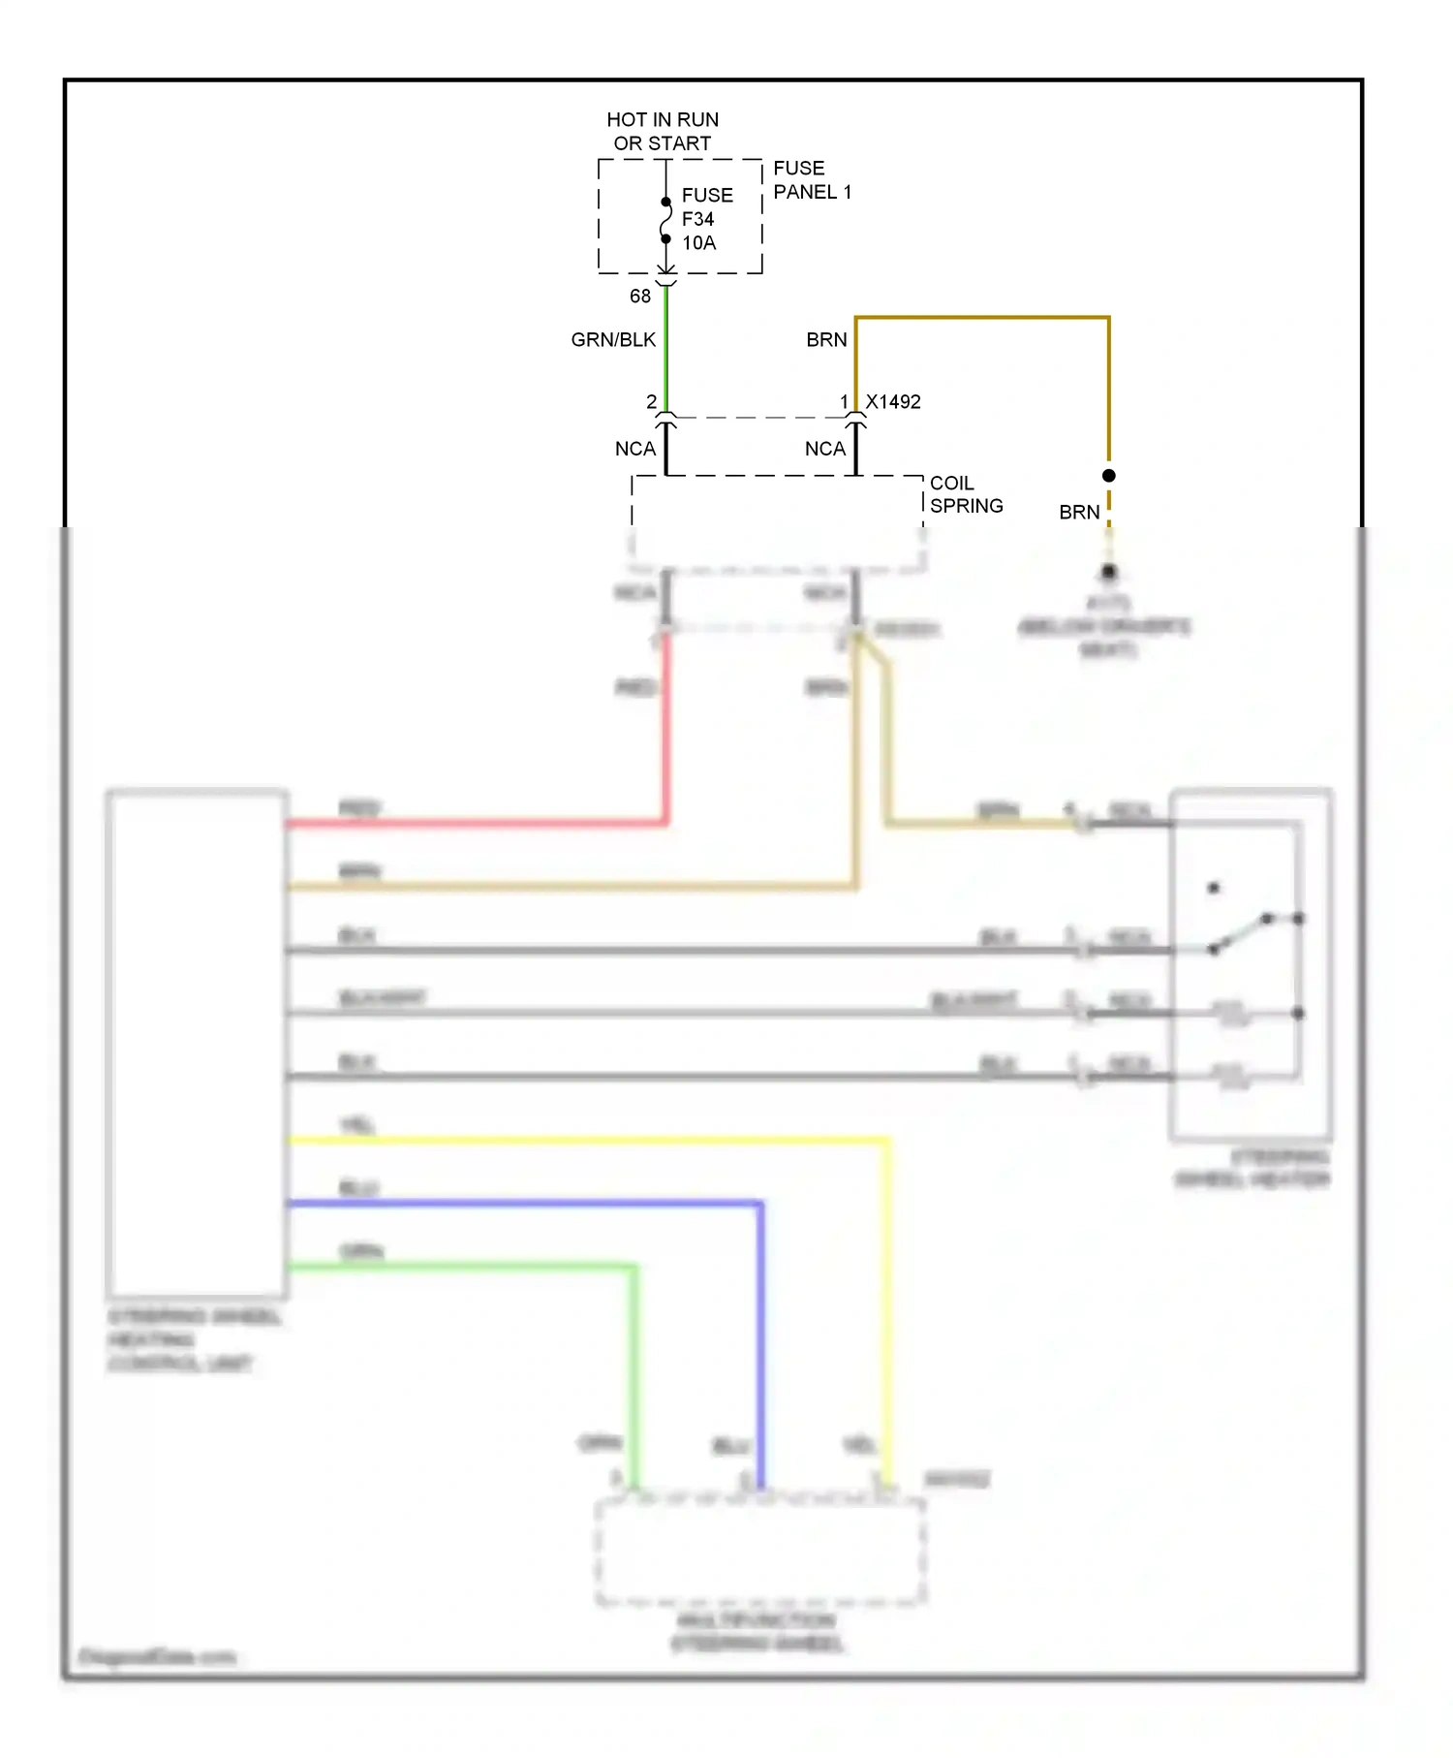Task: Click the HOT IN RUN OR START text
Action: [663, 131]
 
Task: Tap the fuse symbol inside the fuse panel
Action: [666, 221]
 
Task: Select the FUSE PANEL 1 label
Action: [812, 180]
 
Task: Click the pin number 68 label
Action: [640, 297]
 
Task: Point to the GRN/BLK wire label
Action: [613, 340]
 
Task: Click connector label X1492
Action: [893, 402]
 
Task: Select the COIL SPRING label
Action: [966, 494]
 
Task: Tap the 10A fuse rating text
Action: [698, 243]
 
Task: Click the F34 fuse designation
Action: [697, 220]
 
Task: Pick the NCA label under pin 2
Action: [635, 449]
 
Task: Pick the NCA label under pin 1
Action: [825, 449]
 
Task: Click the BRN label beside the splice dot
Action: [1079, 513]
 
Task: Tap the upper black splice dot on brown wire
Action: [1109, 476]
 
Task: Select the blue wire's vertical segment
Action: [760, 1347]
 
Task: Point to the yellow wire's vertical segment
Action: [887, 1308]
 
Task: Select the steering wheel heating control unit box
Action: [197, 1043]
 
